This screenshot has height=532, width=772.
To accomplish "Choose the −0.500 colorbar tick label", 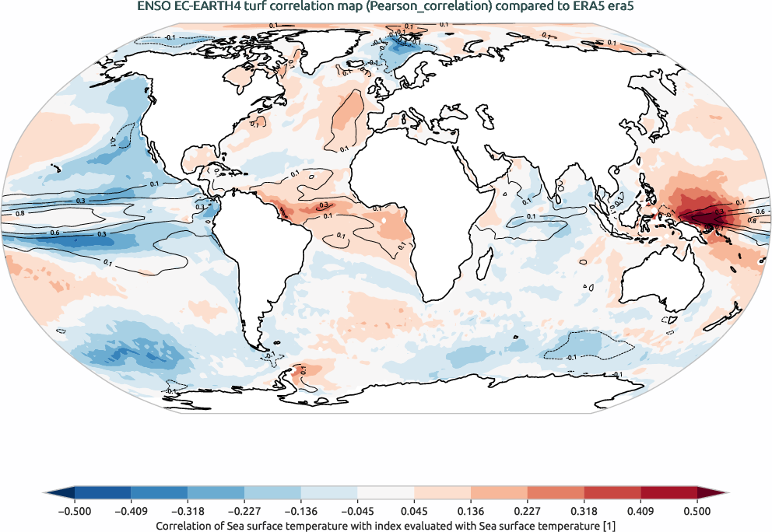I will coord(75,511).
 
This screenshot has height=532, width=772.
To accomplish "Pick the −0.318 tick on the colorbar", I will coord(188,511).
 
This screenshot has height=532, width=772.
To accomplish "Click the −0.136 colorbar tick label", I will coord(301,511).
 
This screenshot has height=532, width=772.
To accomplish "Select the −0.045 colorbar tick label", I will coord(357,511).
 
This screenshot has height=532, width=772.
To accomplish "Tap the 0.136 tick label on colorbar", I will coord(471,511).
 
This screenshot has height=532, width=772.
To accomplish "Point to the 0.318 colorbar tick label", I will coord(584,511).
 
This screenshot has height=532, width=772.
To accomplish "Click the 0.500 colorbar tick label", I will coord(697,511).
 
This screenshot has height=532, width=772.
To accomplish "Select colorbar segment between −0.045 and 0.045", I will coord(386,492).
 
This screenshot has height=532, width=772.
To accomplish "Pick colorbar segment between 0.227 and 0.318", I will coord(556,492).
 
